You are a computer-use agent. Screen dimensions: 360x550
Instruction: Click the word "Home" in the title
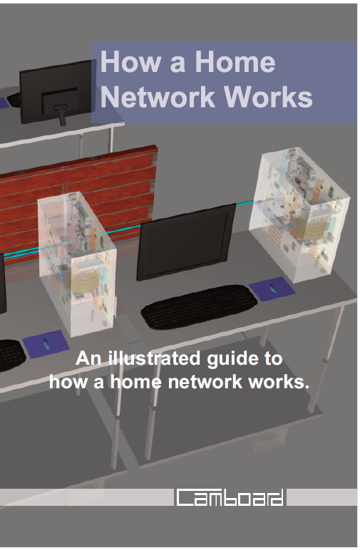coord(235,62)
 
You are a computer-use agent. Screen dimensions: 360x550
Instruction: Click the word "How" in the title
coord(130,62)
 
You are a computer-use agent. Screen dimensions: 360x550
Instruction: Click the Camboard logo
coord(230,497)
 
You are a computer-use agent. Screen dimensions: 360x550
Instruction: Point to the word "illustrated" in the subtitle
coord(155,359)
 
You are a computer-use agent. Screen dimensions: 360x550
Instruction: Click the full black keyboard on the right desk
coord(199,306)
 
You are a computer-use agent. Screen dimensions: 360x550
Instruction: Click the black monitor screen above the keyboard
coord(187,242)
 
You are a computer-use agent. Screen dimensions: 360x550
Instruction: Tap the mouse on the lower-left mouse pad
coord(46,343)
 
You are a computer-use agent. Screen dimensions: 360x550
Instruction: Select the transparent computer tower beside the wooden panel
coord(76,263)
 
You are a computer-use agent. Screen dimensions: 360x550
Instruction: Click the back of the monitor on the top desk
coord(56,91)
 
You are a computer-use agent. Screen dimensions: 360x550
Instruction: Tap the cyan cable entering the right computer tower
coord(245,203)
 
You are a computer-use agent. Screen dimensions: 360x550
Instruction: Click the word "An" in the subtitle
coord(89,358)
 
